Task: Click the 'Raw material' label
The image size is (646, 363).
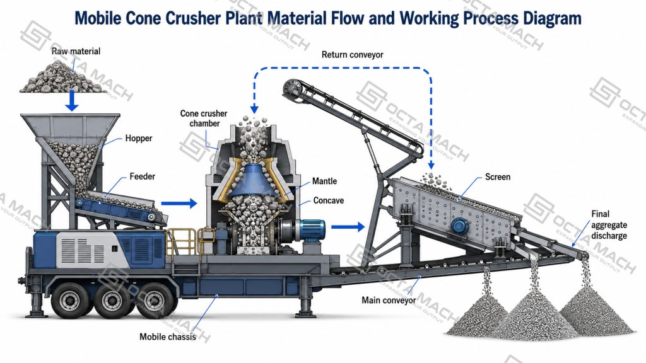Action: (x=76, y=51)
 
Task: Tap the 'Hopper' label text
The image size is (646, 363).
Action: (x=139, y=138)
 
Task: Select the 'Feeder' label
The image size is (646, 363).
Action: (x=142, y=176)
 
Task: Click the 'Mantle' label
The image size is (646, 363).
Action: (x=324, y=181)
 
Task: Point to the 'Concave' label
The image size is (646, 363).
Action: (x=328, y=200)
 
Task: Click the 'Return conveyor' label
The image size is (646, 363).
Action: (x=352, y=55)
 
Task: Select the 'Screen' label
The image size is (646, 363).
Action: (x=498, y=177)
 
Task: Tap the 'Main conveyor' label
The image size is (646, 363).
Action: (x=389, y=300)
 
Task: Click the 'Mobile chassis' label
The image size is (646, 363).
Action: (x=168, y=337)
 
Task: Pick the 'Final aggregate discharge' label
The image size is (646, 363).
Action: (x=609, y=225)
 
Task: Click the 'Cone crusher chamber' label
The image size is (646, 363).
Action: (x=204, y=118)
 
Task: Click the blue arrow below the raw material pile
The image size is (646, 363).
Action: (x=72, y=100)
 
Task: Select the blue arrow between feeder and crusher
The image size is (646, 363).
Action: (x=179, y=203)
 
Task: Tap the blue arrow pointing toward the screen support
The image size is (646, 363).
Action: (x=348, y=226)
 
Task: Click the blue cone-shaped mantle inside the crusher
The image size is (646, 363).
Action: (x=250, y=180)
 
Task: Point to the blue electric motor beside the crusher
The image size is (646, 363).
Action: (x=312, y=231)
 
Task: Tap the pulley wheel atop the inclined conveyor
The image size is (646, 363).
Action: (x=293, y=88)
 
